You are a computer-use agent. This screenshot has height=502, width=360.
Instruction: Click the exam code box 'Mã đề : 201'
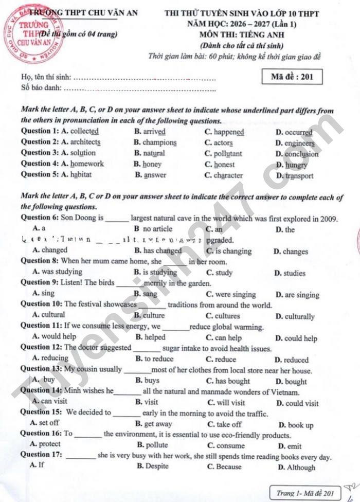point(292,77)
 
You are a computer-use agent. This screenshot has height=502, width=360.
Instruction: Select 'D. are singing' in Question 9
point(297,295)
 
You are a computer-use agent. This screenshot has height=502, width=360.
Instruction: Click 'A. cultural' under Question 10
point(48,315)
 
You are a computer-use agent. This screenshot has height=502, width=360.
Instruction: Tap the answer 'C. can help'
point(224,338)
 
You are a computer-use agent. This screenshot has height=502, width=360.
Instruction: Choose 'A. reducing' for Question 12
point(50,358)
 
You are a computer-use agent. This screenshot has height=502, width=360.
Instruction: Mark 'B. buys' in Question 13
point(148,381)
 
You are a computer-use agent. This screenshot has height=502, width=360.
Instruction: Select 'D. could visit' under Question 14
point(297,403)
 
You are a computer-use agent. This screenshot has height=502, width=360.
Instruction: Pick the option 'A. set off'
point(45,423)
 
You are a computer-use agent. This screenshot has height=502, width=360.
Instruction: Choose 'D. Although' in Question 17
point(297,467)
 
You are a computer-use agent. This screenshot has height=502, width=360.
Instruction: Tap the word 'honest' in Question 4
point(224,165)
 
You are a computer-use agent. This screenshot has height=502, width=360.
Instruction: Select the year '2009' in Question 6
point(328,218)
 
